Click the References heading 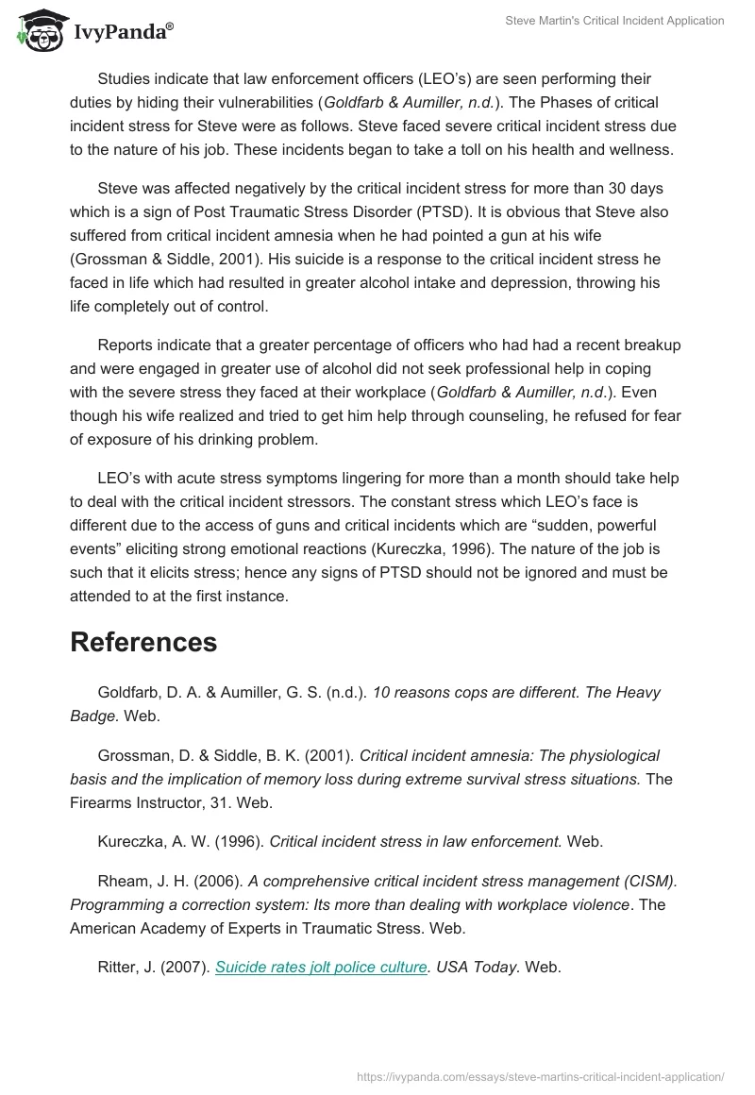pos(143,642)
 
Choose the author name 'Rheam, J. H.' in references pos(143,881)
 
